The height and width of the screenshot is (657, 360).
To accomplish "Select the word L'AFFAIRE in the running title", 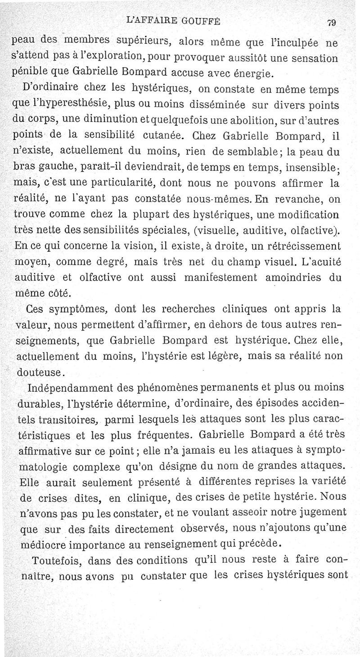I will (x=151, y=20).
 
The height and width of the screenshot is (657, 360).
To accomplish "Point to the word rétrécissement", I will (x=306, y=247).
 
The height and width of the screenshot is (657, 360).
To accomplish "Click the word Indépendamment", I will (x=71, y=388).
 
